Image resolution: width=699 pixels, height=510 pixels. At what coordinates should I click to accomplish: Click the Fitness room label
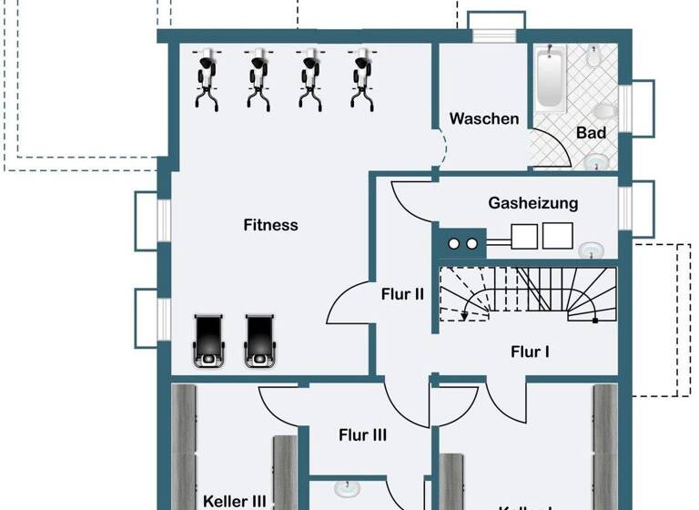coord(270,225)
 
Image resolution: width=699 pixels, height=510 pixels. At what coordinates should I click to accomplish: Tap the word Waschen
coord(484,119)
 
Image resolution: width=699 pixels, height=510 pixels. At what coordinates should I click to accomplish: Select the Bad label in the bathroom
coord(591,133)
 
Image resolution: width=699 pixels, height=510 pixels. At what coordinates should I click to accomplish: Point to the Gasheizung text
coord(532,203)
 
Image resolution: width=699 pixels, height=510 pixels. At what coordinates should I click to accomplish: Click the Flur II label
coord(402,294)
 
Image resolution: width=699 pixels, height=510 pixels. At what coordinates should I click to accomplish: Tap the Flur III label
coord(363,435)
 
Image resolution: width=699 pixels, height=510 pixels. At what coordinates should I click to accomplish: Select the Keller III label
coord(235,501)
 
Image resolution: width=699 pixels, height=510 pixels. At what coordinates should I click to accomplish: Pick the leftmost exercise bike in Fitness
coord(208,78)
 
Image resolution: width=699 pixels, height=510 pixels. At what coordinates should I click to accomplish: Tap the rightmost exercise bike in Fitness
coord(361,78)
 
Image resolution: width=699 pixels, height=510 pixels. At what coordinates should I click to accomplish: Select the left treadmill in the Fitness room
coord(208,341)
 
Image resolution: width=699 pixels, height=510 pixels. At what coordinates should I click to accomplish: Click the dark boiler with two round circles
coord(463,243)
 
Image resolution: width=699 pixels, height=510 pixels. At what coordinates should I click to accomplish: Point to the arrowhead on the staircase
coord(465,317)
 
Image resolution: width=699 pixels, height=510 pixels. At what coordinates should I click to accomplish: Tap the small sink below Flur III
coord(346,488)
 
